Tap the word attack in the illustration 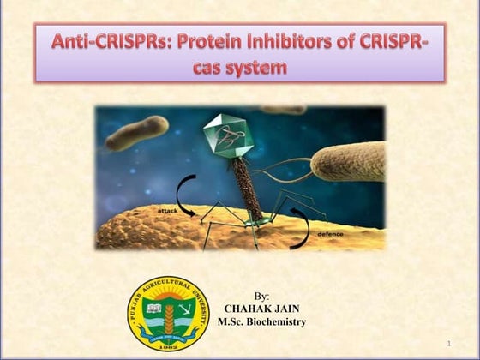[169, 209]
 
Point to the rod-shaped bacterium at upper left [137, 132]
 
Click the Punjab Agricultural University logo [168, 314]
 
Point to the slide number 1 [447, 345]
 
